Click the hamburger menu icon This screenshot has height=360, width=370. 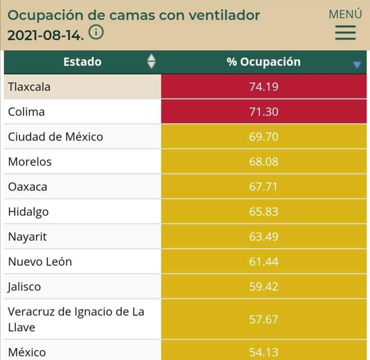[345, 33]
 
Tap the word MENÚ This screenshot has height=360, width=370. [345, 14]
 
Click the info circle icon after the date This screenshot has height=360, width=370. [96, 33]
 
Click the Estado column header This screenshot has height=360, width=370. [82, 62]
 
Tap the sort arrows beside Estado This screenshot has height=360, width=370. [151, 62]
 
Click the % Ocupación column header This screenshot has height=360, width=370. [263, 62]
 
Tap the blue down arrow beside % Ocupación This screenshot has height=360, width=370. [357, 64]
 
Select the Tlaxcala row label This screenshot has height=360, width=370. [29, 87]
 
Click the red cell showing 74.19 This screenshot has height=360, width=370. [264, 87]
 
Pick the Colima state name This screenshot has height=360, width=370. [26, 112]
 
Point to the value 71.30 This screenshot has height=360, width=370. [264, 112]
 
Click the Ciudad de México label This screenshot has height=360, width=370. [55, 137]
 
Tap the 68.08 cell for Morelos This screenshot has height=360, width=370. [264, 162]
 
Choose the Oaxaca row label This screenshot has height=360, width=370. [28, 187]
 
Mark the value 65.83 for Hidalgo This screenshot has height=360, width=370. [264, 212]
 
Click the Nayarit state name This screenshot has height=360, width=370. [28, 237]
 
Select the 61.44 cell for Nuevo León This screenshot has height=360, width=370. [264, 262]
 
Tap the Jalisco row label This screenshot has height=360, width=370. [24, 287]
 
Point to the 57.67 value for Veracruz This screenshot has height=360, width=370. [264, 319]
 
